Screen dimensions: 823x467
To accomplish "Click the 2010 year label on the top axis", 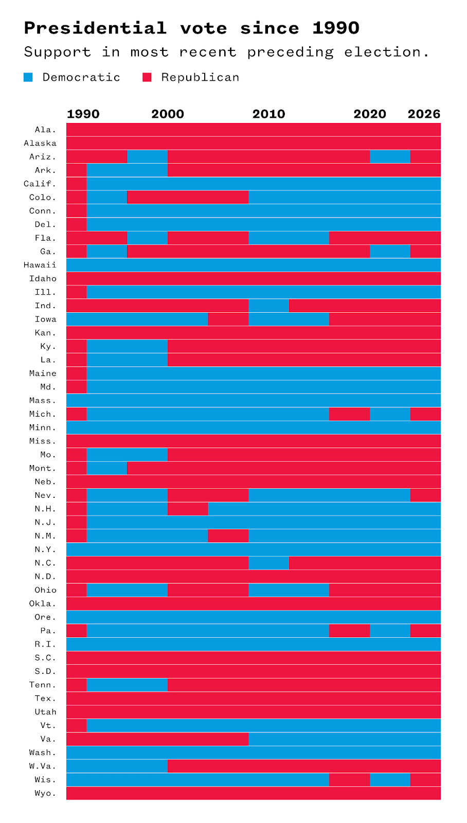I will point(268,114).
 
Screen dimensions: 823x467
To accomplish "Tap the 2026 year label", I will point(424,114).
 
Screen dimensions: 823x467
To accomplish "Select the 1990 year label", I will point(83,114).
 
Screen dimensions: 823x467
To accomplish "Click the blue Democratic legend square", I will point(28,77).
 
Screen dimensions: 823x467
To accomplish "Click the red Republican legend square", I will point(147,77).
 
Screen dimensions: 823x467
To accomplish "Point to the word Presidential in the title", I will point(95,28).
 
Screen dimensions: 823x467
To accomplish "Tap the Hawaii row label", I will point(40,265).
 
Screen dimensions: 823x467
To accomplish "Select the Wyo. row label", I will point(45,793).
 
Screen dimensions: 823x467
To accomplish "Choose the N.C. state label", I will point(45,563).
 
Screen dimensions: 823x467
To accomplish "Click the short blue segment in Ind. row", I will point(268,306).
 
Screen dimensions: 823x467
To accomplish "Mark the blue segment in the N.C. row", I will point(268,563).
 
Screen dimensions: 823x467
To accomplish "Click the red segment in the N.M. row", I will point(228,535).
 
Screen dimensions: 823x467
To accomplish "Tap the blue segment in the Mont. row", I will point(107,468).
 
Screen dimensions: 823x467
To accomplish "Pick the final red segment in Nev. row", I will point(425,495).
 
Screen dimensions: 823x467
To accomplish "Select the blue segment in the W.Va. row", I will point(117,766).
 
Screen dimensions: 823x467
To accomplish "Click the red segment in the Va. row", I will point(157,739).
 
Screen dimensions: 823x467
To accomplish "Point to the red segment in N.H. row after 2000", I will point(188,509).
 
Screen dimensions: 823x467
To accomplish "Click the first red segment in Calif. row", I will point(77,184).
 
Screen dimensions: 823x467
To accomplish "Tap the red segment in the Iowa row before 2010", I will point(228,319).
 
